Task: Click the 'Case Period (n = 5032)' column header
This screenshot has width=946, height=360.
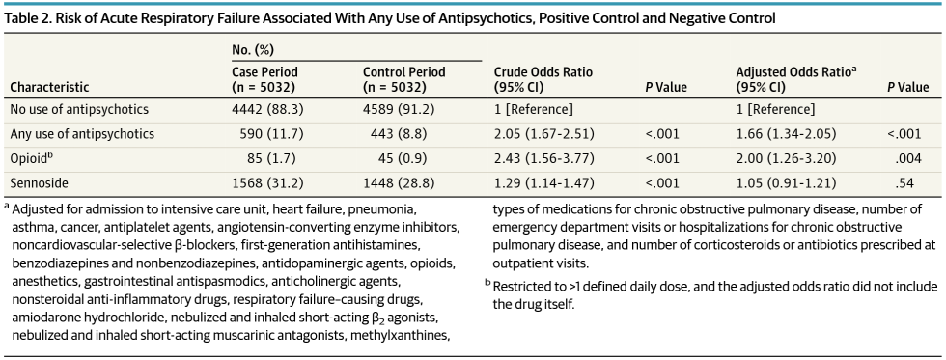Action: [x=265, y=79]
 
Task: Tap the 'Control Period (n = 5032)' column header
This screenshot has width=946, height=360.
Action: [x=404, y=79]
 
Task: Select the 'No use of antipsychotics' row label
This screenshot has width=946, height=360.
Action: [x=80, y=109]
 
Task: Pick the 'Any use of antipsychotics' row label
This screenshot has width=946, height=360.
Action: [x=82, y=133]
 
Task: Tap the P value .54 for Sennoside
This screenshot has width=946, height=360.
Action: [x=909, y=181]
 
